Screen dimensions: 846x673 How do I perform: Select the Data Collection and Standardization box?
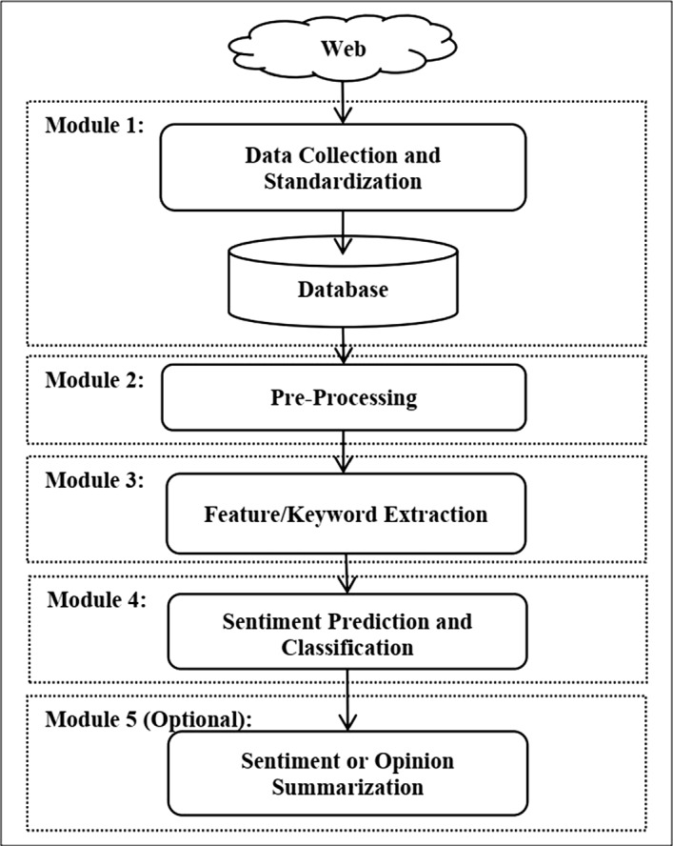tap(343, 167)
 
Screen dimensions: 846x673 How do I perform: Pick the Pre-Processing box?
tap(345, 397)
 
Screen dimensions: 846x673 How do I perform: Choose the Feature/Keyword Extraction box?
tap(346, 514)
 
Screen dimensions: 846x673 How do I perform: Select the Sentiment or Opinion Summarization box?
tap(346, 775)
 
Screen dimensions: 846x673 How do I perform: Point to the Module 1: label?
tap(92, 127)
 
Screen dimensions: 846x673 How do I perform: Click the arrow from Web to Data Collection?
tap(342, 102)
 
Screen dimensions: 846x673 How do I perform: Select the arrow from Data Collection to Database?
tap(344, 229)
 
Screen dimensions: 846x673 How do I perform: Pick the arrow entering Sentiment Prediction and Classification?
tap(346, 574)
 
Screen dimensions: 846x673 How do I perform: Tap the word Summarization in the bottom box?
tap(346, 788)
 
